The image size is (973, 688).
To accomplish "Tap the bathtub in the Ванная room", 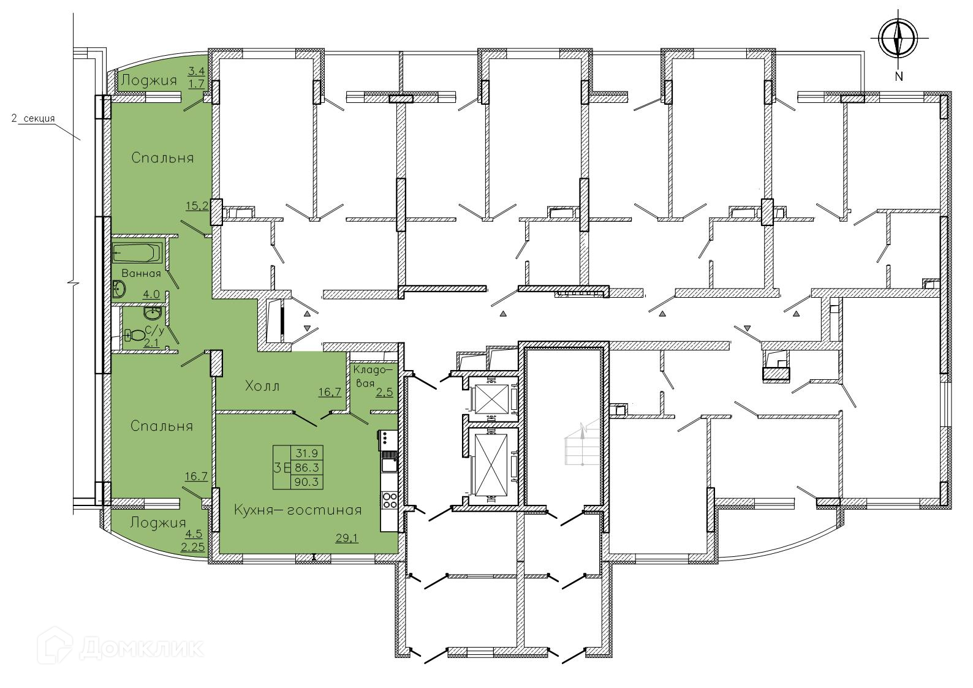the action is (x=137, y=252).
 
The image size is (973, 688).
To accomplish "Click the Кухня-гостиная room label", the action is (x=298, y=510).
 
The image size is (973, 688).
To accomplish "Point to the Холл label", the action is (x=262, y=386).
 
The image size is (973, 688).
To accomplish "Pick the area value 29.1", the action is (x=347, y=538).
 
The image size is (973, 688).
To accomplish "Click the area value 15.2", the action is (x=197, y=205).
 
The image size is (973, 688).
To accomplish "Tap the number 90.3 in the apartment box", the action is (x=307, y=482).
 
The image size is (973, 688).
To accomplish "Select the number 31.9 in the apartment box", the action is (x=307, y=453).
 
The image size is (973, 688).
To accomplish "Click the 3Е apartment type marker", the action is (x=282, y=468).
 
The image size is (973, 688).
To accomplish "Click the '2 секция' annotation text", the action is (x=33, y=118).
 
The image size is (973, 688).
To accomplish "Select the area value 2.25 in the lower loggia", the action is (x=193, y=547).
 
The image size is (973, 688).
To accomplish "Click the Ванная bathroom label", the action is (x=141, y=273).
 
